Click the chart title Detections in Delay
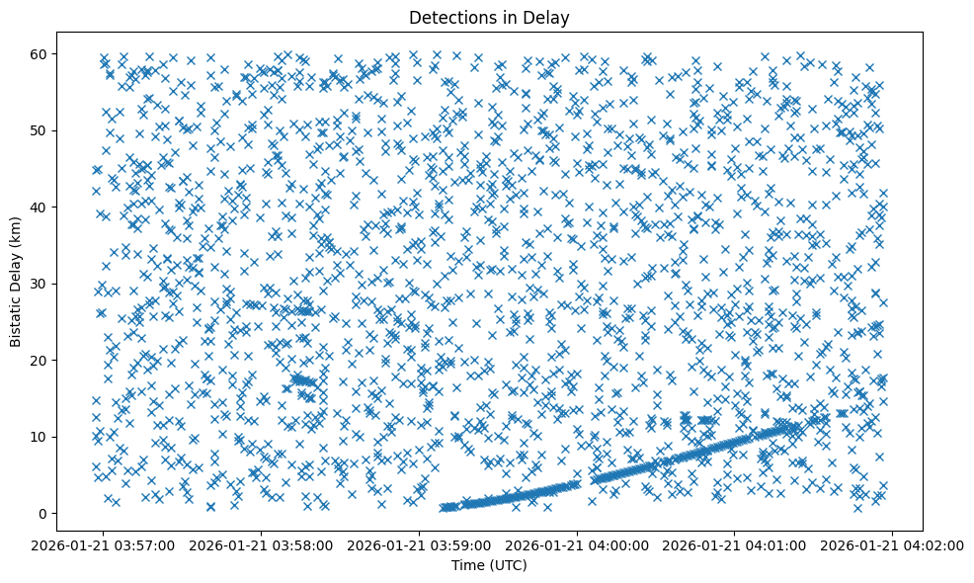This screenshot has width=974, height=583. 489,18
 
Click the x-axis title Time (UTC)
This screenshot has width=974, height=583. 489,565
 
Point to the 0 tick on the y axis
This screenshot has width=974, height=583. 42,514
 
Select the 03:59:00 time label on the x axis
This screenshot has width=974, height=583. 420,544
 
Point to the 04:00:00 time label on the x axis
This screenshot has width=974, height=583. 578,544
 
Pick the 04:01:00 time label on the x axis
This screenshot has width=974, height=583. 735,544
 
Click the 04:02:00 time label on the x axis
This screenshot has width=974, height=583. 892,544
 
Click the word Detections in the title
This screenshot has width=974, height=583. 449,18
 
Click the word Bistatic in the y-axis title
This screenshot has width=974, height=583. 17,317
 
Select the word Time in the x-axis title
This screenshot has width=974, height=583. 468,565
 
